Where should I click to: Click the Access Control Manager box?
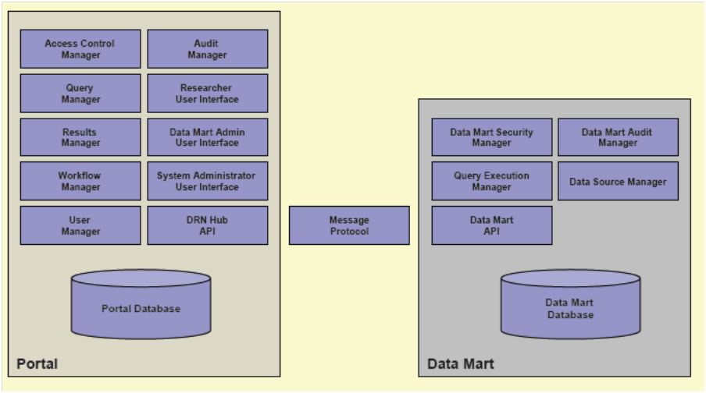[80, 49]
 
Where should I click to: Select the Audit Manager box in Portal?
[208, 49]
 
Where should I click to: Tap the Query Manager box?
[80, 94]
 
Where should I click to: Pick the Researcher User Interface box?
[208, 94]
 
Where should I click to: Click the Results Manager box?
[80, 137]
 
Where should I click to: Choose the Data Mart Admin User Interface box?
[208, 137]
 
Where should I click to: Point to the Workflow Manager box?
[80, 181]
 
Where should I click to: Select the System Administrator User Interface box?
[208, 181]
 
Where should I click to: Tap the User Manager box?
[80, 225]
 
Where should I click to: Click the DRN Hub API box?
[208, 225]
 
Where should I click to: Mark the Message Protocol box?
[349, 225]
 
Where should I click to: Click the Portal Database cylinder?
[141, 308]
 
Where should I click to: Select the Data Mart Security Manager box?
[492, 137]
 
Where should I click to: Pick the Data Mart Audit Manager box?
[618, 137]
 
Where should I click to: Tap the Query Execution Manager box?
[492, 181]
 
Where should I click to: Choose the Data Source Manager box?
[618, 181]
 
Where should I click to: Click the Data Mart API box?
[492, 225]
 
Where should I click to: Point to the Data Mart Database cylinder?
[570, 309]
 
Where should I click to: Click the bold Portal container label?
[37, 364]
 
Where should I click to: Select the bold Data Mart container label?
[461, 364]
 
